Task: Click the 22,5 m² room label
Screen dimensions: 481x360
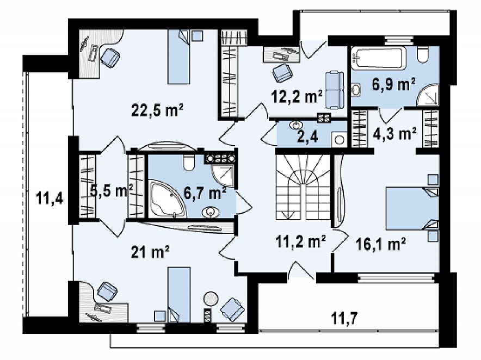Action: (157, 110)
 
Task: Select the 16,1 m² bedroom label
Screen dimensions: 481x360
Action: (381, 244)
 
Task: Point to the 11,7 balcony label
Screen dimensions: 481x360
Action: (345, 318)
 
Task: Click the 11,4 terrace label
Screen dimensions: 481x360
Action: (50, 198)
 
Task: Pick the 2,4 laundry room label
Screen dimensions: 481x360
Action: (307, 136)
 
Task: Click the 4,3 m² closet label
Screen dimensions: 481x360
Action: (395, 134)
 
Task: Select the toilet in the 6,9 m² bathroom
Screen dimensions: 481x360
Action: (423, 54)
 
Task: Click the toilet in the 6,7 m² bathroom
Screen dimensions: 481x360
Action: (189, 162)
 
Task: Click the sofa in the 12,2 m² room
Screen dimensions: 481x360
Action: (334, 90)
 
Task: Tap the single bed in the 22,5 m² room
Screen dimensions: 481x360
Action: (178, 57)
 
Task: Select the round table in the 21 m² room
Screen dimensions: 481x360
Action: (211, 299)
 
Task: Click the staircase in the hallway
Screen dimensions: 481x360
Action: (303, 187)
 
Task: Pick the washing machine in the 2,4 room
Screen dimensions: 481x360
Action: (339, 140)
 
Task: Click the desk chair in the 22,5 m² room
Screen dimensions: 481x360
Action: (110, 57)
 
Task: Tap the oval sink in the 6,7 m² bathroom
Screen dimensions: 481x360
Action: (211, 212)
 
